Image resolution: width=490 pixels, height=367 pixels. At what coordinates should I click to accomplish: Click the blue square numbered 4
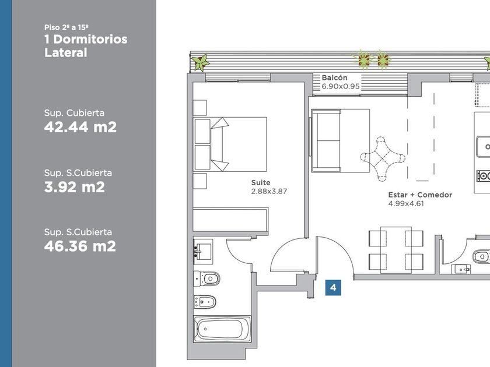(x=333, y=287)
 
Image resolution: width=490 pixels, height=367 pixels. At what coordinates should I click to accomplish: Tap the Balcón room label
(x=334, y=77)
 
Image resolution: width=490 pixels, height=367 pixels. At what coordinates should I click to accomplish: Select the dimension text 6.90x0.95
(x=341, y=86)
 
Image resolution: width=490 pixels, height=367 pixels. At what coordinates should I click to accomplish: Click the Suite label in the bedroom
(x=261, y=182)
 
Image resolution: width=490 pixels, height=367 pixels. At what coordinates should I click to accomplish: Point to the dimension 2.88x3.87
(x=269, y=191)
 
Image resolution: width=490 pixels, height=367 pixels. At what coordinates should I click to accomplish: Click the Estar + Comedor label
(x=420, y=195)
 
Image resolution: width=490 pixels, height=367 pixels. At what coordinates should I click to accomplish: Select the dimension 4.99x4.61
(x=406, y=203)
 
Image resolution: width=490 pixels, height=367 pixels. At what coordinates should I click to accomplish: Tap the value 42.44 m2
(x=80, y=127)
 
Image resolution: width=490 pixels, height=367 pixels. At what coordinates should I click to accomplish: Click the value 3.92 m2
(x=75, y=187)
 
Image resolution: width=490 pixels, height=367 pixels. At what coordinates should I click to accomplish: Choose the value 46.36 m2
(x=80, y=246)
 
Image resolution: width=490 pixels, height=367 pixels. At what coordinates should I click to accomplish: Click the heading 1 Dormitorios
(x=86, y=40)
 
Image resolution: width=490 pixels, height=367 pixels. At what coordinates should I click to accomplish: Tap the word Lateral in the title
(x=65, y=52)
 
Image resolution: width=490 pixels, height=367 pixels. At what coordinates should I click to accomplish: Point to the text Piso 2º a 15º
(x=66, y=27)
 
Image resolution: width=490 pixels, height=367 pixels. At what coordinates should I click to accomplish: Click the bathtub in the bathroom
(x=222, y=329)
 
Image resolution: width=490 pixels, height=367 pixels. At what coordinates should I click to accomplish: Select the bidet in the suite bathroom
(x=205, y=302)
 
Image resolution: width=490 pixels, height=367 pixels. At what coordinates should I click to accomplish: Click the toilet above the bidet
(x=206, y=278)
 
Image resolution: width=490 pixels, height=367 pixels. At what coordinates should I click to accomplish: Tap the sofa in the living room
(x=326, y=140)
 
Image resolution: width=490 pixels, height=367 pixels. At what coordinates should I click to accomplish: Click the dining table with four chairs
(x=396, y=250)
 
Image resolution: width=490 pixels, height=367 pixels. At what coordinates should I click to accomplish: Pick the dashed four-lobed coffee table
(x=383, y=159)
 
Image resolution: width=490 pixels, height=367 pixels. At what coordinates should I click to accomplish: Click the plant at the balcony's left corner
(x=200, y=62)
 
